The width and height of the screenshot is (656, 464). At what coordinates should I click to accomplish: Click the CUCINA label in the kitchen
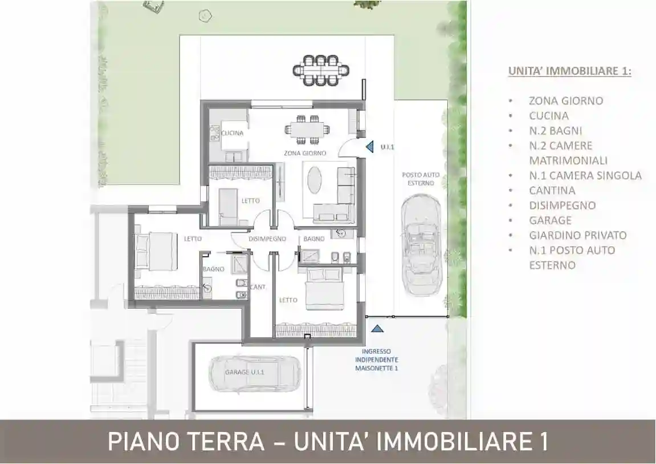(233, 134)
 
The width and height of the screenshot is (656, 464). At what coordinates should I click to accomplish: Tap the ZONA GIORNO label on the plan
(305, 153)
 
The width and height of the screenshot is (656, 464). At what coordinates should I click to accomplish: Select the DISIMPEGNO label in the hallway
(267, 239)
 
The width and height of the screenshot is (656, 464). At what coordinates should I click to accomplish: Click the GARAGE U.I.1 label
(244, 372)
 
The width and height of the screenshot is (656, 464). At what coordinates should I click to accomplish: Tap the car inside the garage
(255, 374)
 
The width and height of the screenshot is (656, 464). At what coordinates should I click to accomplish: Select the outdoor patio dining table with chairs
(321, 70)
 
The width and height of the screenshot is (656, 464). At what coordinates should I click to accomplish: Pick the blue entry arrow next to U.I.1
(370, 147)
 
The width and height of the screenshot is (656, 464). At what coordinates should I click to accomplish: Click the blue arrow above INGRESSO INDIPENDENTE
(377, 328)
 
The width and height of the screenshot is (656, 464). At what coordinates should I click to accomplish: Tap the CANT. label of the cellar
(258, 287)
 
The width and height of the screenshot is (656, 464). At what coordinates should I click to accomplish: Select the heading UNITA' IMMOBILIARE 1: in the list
(569, 72)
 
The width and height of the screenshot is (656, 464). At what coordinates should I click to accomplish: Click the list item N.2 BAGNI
(555, 131)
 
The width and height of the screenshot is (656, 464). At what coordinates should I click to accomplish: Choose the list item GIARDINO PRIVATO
(577, 235)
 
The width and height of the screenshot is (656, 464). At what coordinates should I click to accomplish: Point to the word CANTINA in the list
(552, 191)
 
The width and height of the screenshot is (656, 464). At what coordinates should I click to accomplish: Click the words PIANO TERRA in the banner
(186, 442)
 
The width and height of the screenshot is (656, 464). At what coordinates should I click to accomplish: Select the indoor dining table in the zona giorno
(304, 128)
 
